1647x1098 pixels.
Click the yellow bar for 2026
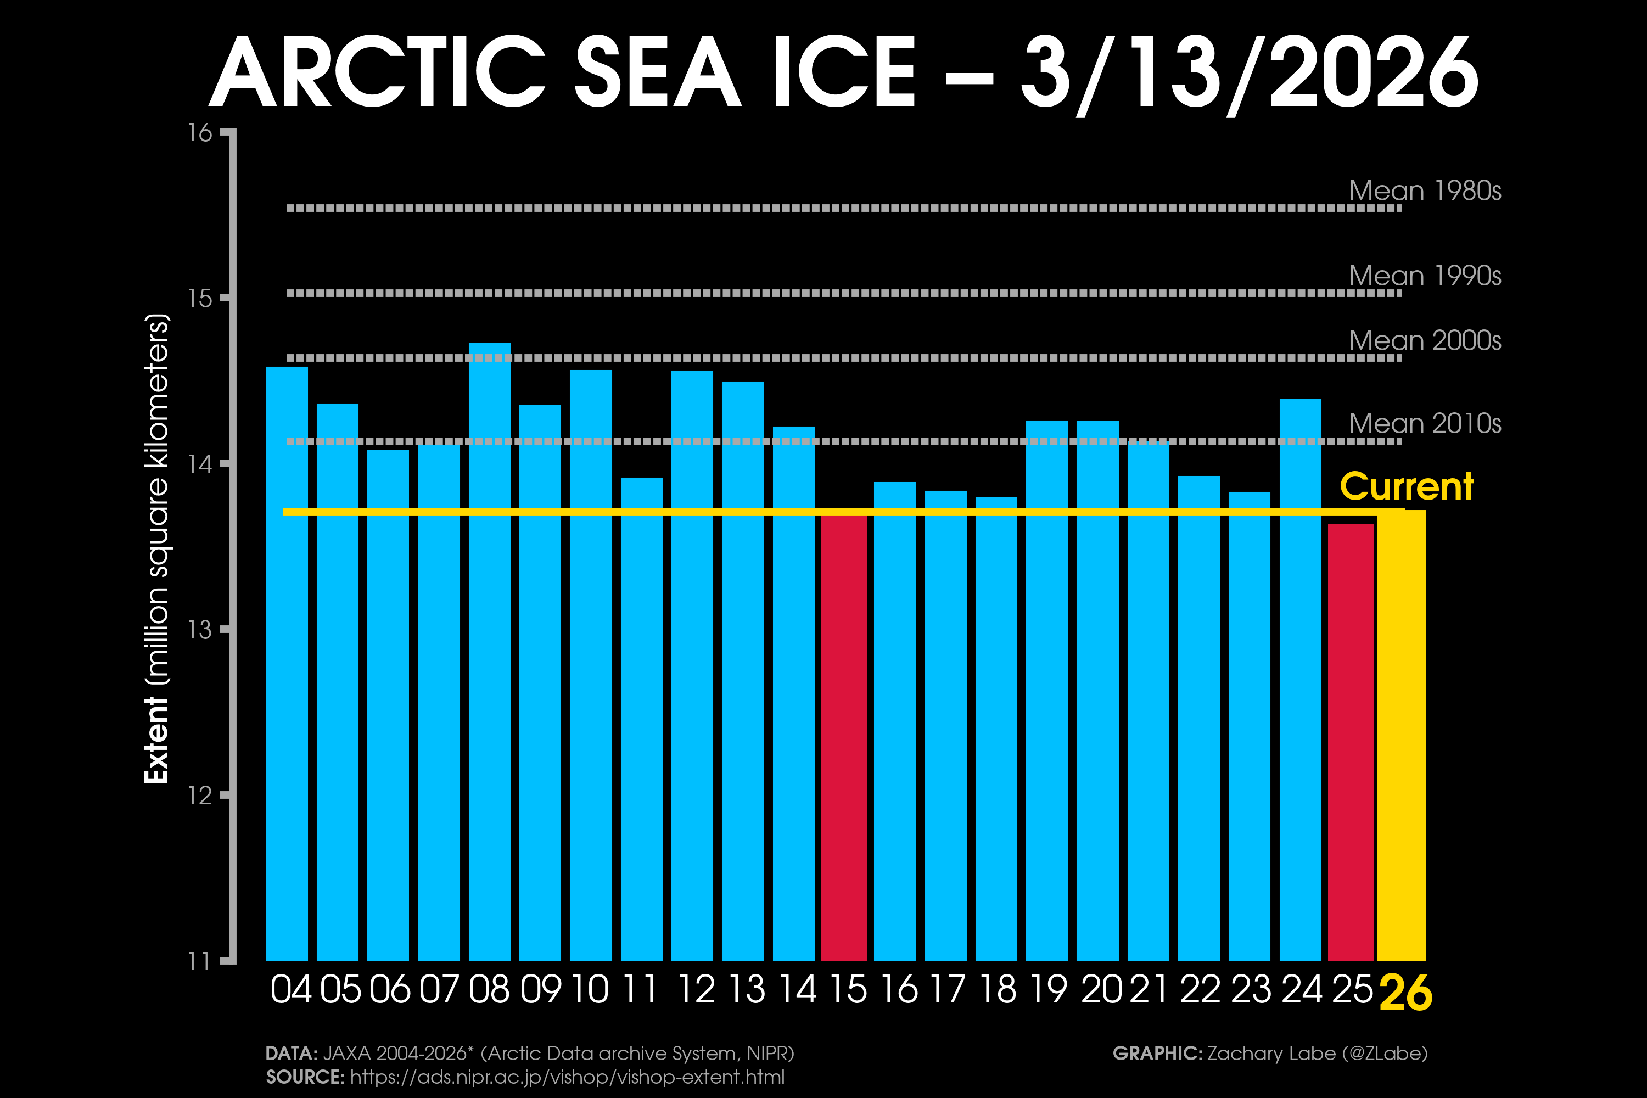point(1401,735)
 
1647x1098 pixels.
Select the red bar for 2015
point(844,735)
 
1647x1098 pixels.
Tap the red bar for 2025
point(1351,742)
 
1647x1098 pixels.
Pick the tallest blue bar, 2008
point(490,651)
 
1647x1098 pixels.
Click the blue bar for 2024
point(1301,679)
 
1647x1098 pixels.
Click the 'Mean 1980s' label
point(1425,191)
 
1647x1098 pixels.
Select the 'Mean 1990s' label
point(1425,275)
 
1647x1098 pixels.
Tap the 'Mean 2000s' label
point(1425,340)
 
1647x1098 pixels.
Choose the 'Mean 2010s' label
point(1425,423)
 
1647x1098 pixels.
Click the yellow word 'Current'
point(1407,486)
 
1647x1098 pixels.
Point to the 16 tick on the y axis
point(200,132)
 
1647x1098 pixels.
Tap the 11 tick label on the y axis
point(200,961)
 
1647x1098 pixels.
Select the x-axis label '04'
point(290,989)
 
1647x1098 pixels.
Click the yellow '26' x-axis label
point(1405,993)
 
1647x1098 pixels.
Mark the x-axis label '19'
point(1048,989)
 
